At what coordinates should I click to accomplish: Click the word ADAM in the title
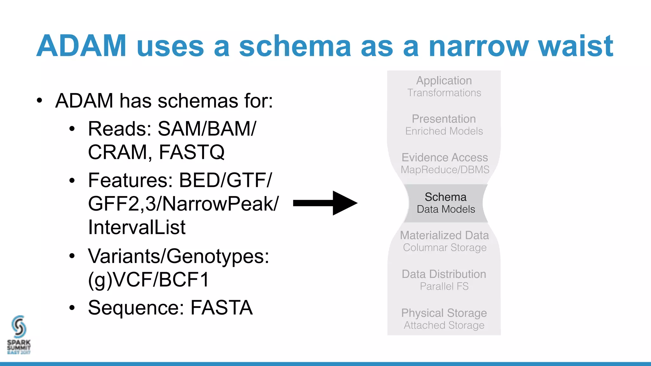[81, 46]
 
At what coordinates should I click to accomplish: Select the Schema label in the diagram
[445, 197]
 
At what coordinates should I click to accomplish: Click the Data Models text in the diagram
[446, 209]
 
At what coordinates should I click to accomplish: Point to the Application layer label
[444, 81]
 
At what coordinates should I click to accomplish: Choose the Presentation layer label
[444, 119]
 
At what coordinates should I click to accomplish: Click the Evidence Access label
[444, 158]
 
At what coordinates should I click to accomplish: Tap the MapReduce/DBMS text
[445, 170]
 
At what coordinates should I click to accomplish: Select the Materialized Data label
[444, 235]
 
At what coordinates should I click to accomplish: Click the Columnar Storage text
[444, 247]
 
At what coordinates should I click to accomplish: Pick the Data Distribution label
[444, 274]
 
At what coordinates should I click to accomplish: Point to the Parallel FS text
[444, 286]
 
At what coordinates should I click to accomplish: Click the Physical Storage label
[444, 313]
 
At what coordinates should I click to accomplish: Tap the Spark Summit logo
[19, 335]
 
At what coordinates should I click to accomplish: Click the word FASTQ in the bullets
[192, 152]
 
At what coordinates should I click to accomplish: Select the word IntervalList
[137, 227]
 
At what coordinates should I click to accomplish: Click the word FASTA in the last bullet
[222, 308]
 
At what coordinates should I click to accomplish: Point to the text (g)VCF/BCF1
[148, 280]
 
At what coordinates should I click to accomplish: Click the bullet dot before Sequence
[72, 308]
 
